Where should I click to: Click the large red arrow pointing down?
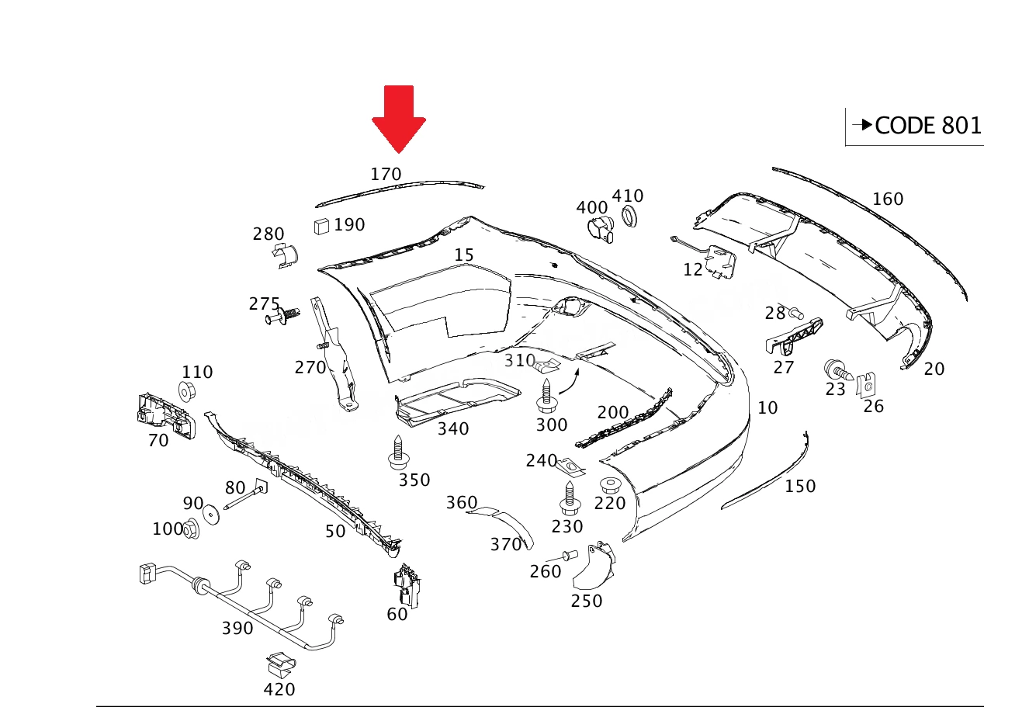point(399,119)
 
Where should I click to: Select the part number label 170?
point(386,175)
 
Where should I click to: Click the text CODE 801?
point(928,126)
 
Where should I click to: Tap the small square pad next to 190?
point(321,226)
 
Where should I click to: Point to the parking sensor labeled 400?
point(601,231)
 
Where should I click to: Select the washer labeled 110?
point(186,391)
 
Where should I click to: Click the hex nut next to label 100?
point(191,529)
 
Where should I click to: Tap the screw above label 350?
point(398,452)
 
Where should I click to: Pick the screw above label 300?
point(546,396)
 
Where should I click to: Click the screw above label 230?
point(570,498)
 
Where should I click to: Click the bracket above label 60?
point(407,585)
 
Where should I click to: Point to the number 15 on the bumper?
point(464,255)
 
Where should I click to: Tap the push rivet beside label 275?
point(282,316)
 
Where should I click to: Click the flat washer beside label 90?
point(211,514)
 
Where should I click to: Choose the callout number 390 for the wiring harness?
point(237,629)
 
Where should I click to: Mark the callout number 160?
point(888,199)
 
